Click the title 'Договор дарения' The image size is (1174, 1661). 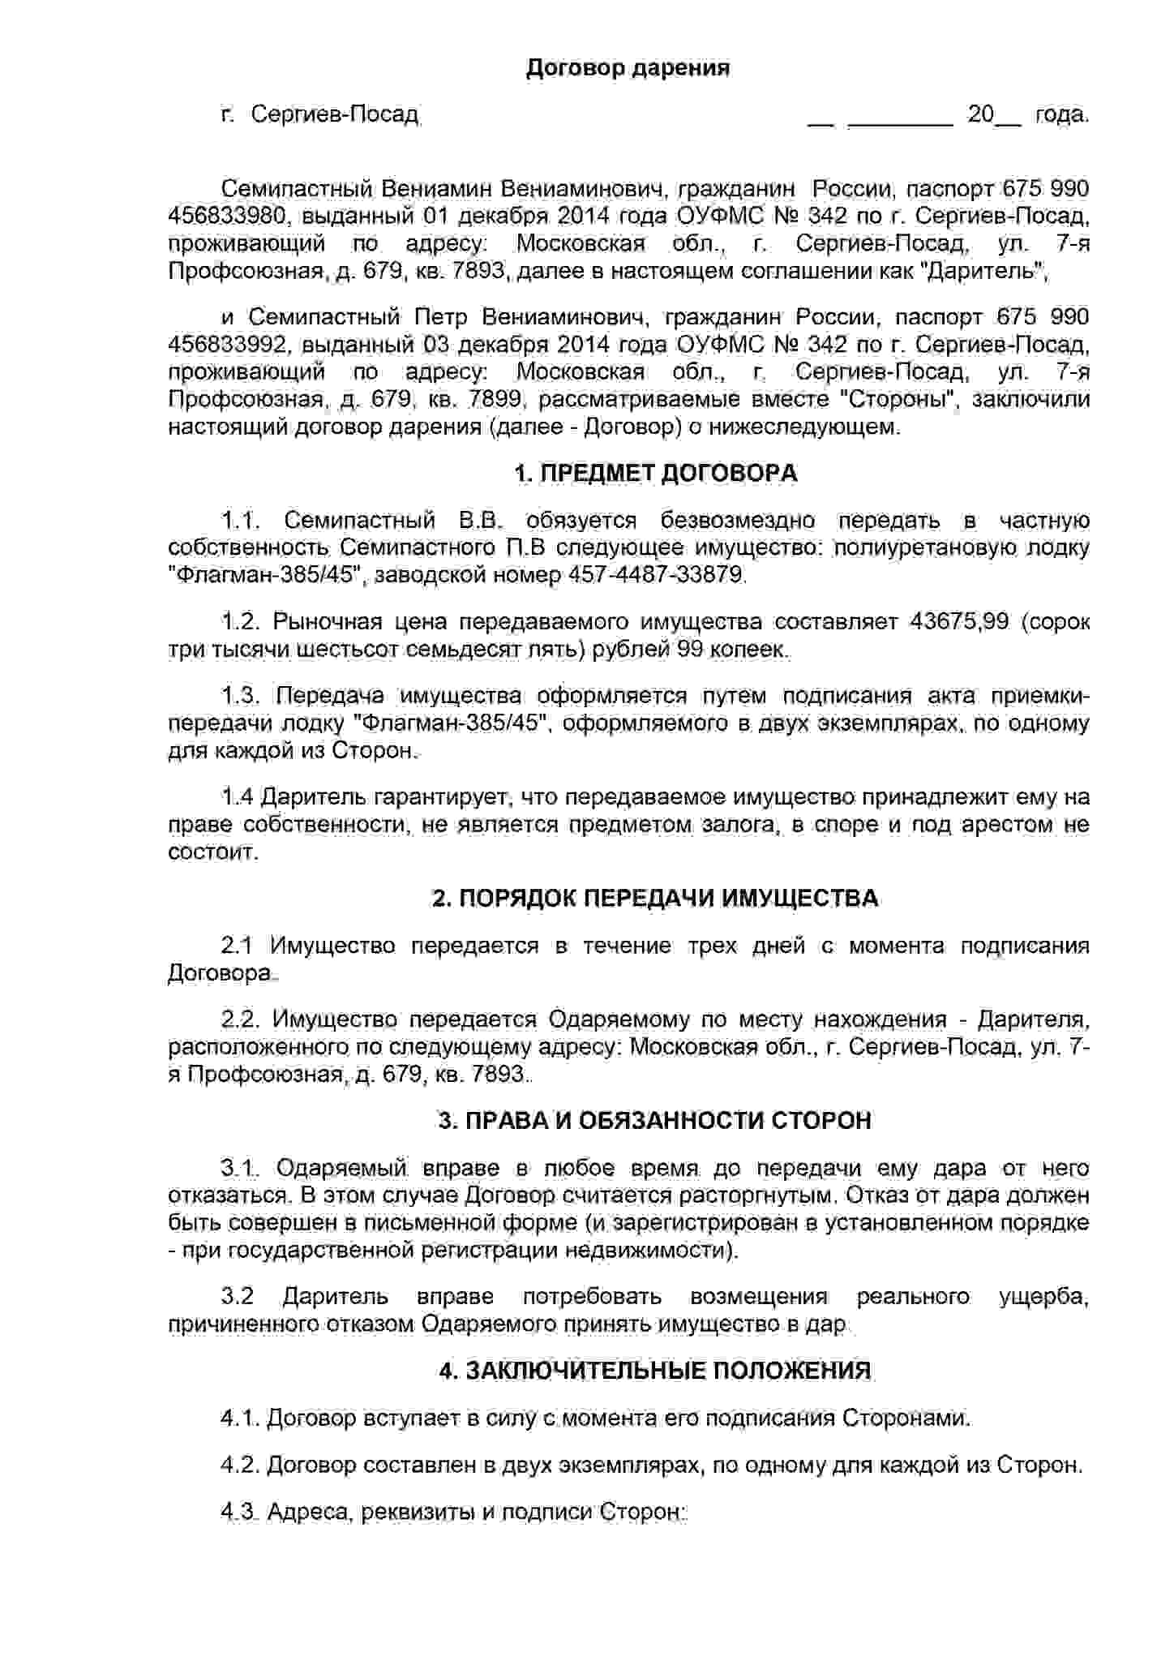pos(628,67)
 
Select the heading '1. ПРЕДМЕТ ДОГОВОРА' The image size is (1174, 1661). pos(656,474)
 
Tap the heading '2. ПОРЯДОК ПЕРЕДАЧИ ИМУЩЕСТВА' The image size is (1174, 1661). pos(655,899)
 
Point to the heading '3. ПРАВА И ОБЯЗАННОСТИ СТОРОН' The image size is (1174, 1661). pos(655,1121)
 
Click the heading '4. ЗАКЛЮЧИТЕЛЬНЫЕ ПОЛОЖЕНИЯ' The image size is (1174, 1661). pos(655,1371)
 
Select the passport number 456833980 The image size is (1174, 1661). pos(227,216)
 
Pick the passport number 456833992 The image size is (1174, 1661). pos(227,345)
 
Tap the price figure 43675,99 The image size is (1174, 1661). pos(959,622)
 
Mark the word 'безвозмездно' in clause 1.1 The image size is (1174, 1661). pos(737,521)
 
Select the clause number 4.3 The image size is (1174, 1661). pos(238,1513)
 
